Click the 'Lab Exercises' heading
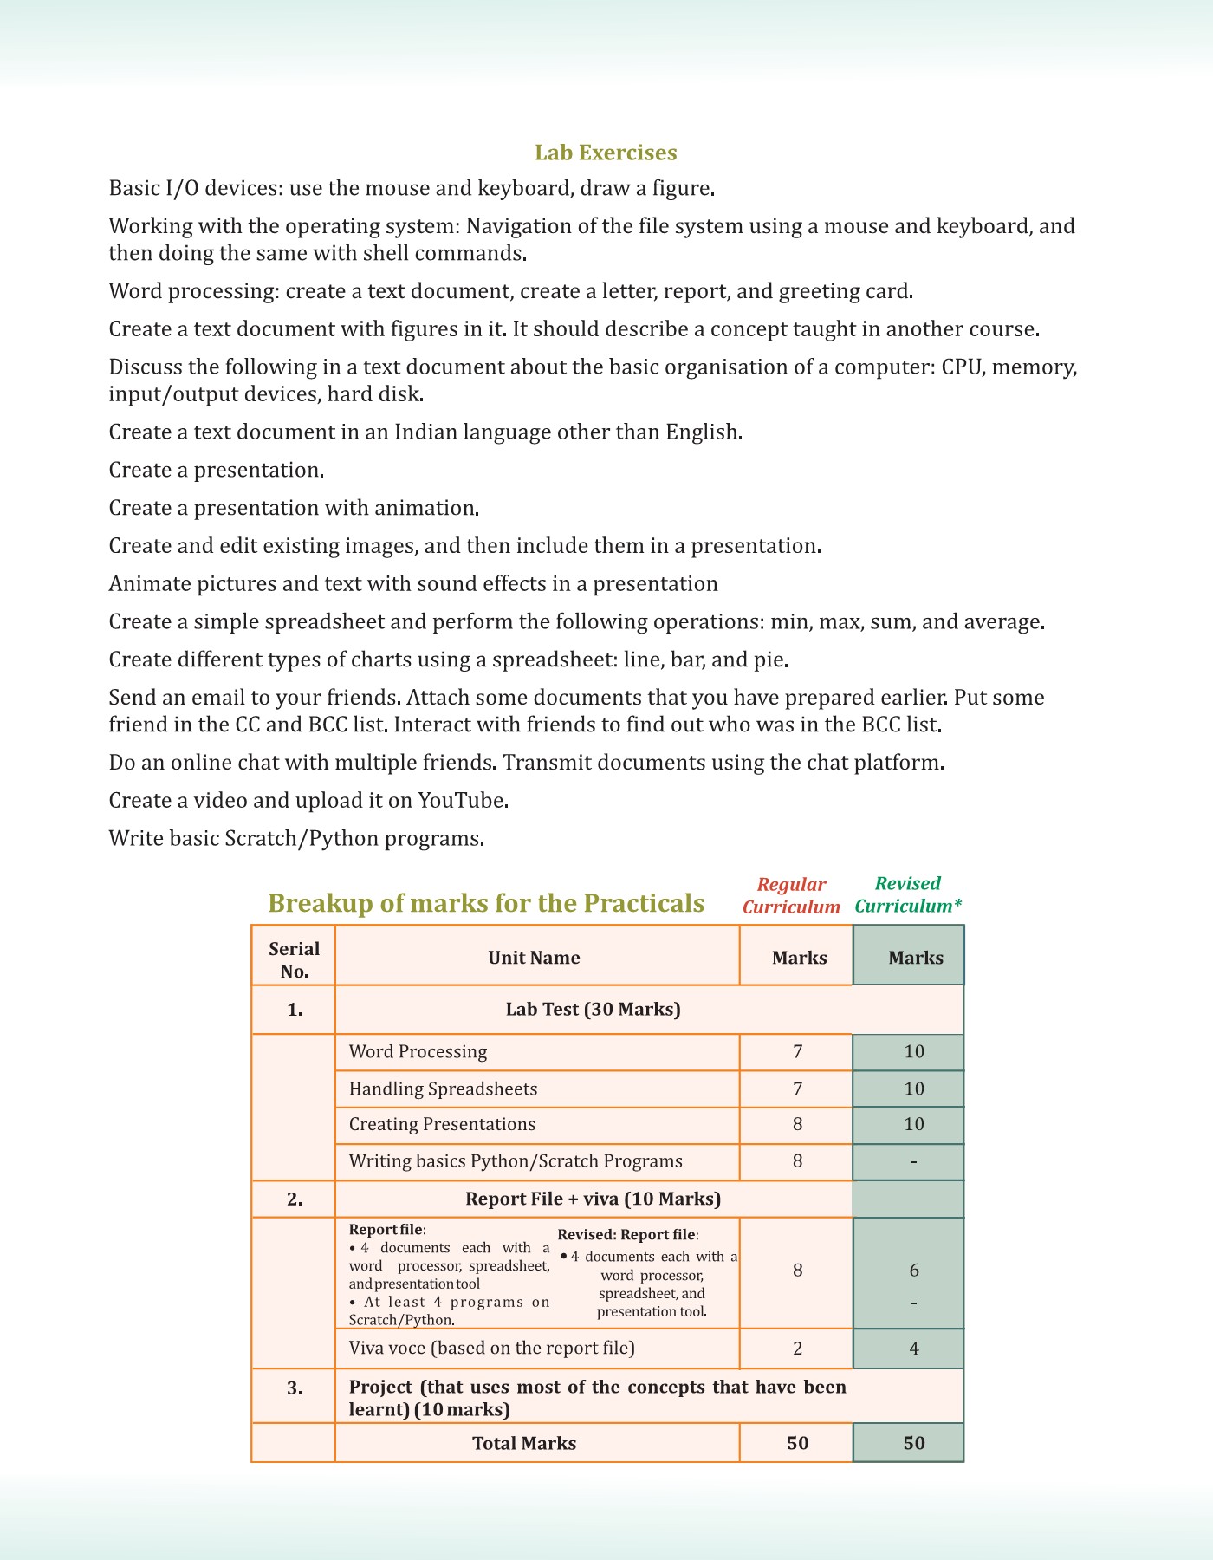click(x=606, y=153)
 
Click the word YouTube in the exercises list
click(x=461, y=800)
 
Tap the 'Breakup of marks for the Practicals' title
click(x=486, y=903)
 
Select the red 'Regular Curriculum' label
click(x=791, y=895)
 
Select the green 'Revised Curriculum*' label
click(x=908, y=894)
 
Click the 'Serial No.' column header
click(x=294, y=959)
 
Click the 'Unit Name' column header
click(x=534, y=958)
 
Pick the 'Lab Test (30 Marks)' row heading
click(x=593, y=1009)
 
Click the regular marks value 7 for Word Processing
click(x=797, y=1051)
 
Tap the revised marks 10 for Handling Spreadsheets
click(x=914, y=1089)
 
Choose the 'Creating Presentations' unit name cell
click(x=442, y=1124)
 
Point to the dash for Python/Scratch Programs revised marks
click(x=914, y=1161)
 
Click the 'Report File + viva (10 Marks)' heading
click(x=593, y=1199)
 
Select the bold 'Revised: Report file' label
click(x=627, y=1234)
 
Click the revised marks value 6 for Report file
click(x=914, y=1270)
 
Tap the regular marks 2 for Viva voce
click(x=797, y=1348)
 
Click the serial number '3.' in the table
click(x=295, y=1388)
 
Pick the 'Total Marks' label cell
click(x=523, y=1443)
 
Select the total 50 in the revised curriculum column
click(x=914, y=1443)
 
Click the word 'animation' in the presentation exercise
click(x=425, y=508)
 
